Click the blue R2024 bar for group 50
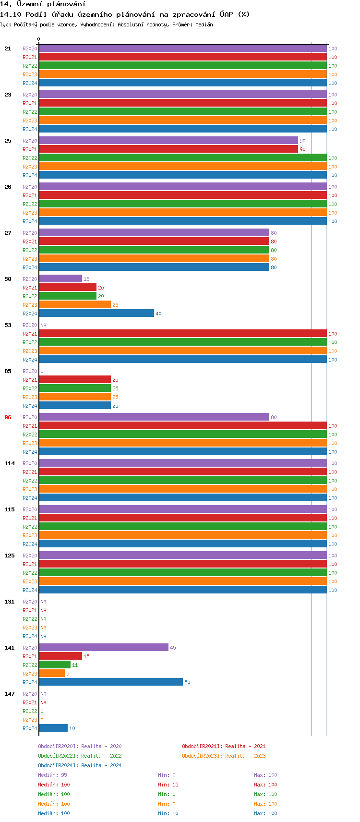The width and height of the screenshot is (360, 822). pos(96,314)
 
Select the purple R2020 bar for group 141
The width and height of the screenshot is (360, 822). pos(103,648)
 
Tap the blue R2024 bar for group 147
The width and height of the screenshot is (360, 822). pos(53,728)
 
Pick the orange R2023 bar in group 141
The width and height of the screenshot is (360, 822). pos(51,674)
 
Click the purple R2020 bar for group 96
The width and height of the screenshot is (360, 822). pos(154,417)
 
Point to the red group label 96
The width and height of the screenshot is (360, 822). pos(8,417)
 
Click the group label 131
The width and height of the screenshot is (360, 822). pos(10,602)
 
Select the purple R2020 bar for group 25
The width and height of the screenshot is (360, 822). pos(168,141)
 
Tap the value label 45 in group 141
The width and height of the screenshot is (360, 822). pos(173,648)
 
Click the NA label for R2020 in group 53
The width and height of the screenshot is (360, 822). pos(43,325)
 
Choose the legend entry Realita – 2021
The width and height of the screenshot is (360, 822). pos(224,746)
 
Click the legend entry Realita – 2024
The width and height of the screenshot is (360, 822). pos(80,765)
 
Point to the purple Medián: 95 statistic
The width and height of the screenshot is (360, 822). pos(52,775)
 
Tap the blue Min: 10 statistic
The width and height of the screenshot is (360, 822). pos(168,813)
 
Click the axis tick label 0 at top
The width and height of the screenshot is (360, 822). pos(39,39)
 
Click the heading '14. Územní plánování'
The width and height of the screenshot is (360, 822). pos(43,4)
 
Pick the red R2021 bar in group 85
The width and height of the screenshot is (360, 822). pos(74,380)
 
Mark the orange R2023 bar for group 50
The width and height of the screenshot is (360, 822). pos(74,305)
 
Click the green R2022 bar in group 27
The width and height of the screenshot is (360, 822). pos(154,250)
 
